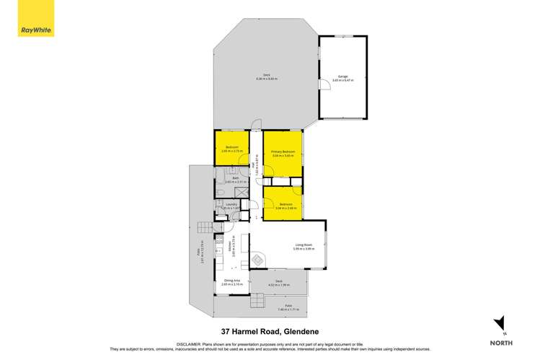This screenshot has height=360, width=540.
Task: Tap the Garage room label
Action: [x=342, y=77]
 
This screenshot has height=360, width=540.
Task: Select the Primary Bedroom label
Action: [x=283, y=153]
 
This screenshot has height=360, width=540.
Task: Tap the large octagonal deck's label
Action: [x=266, y=76]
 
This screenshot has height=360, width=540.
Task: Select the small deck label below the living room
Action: [x=278, y=282]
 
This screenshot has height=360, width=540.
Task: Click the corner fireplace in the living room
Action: [x=257, y=260]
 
